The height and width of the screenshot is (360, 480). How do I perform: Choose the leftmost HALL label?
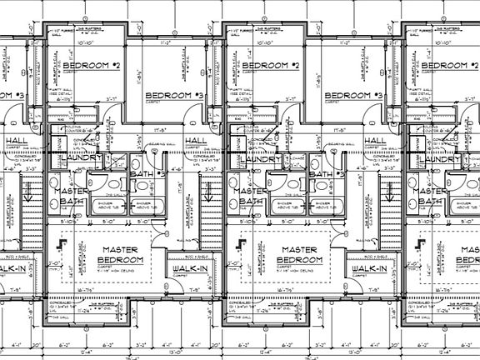(15, 140)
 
